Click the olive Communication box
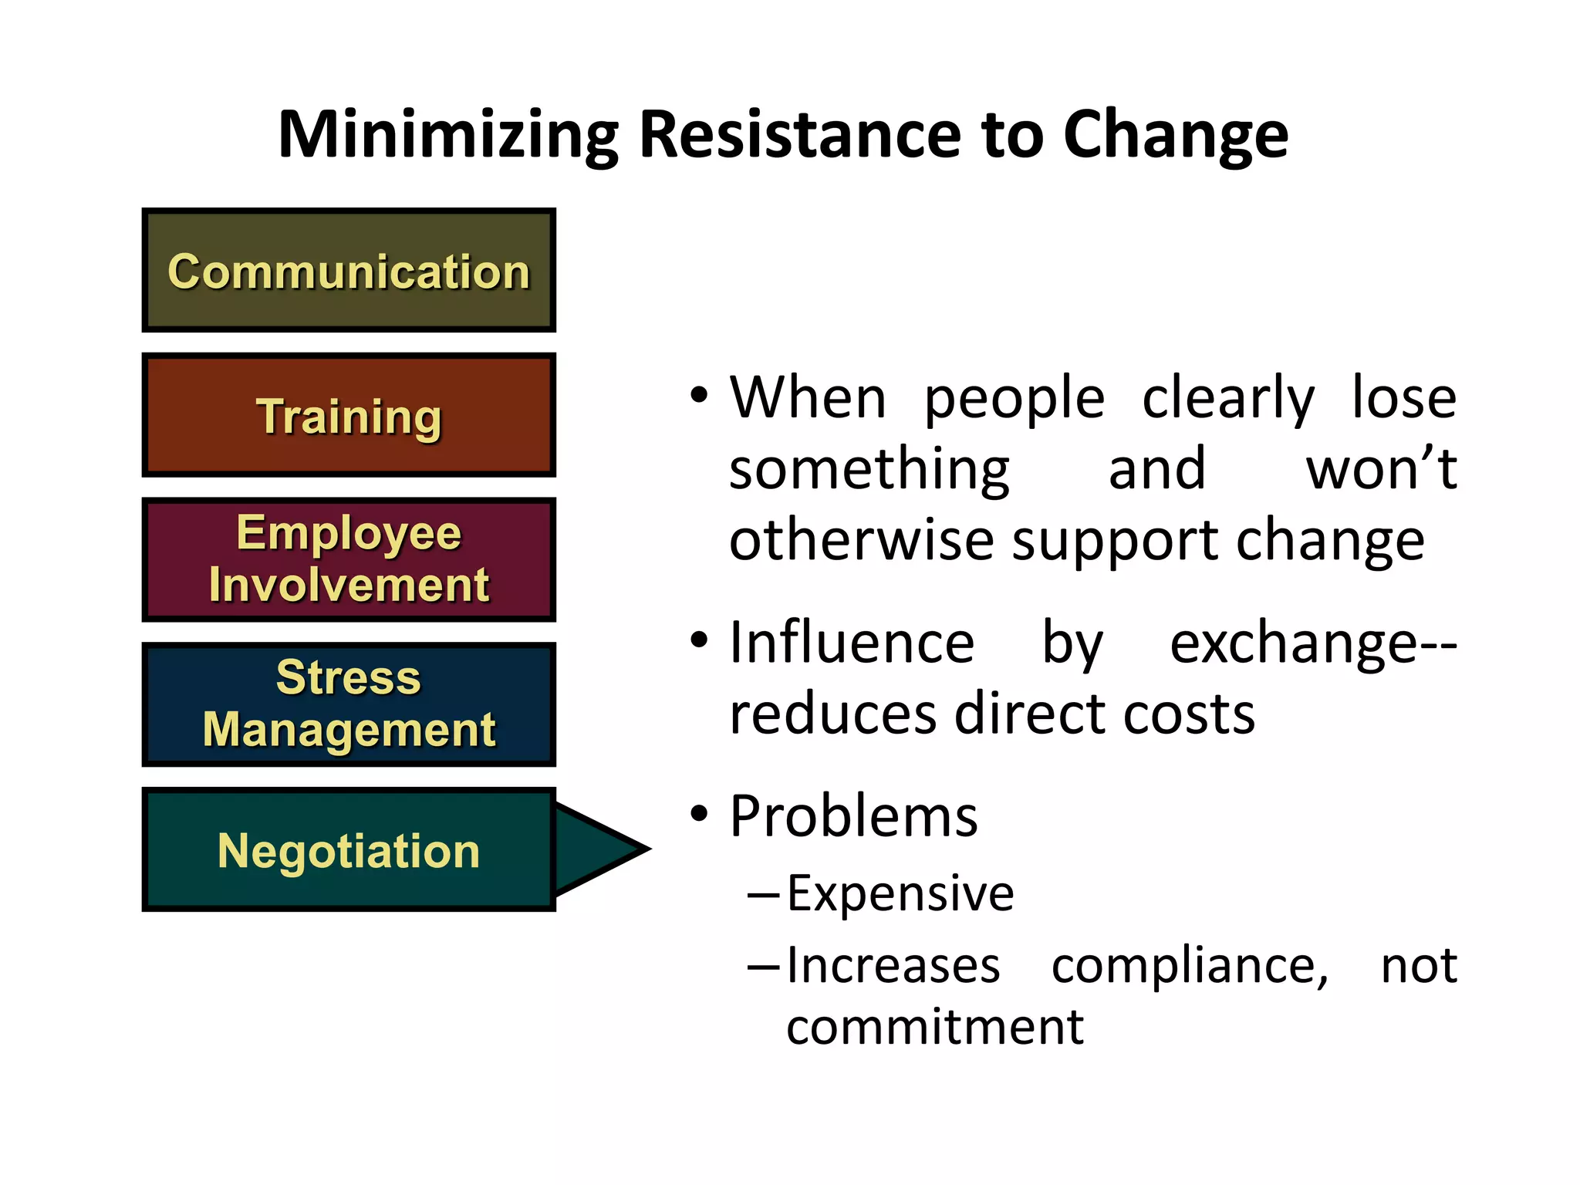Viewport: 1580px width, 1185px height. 349,271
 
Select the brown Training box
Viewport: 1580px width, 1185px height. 349,415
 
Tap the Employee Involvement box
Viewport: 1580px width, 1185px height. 349,559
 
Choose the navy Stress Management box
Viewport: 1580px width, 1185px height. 349,704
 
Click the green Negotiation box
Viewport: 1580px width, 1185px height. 349,849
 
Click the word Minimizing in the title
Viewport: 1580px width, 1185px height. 448,136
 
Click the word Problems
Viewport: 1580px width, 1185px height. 853,816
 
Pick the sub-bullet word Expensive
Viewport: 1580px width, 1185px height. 900,893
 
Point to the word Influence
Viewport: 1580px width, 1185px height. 852,643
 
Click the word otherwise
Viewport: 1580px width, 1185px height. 862,539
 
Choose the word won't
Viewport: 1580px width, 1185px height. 1381,468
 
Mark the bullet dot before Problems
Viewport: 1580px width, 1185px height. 699,813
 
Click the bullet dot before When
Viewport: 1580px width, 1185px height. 699,395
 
